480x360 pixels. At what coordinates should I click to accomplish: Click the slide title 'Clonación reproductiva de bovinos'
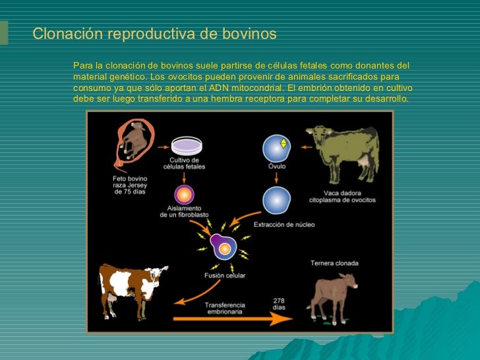(154, 33)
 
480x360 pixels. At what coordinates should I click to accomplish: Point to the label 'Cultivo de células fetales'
(187, 163)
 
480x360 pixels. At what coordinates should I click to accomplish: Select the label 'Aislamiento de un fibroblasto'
(184, 212)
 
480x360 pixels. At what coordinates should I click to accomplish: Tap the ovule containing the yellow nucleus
(276, 148)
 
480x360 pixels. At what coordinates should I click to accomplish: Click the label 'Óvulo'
(276, 167)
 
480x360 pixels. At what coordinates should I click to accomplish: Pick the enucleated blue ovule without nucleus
(276, 199)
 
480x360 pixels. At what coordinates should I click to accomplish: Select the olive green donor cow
(343, 152)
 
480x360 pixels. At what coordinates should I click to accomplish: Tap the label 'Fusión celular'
(224, 276)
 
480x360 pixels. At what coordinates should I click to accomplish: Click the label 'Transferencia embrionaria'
(224, 309)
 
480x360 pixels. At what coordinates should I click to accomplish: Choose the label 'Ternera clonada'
(334, 264)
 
